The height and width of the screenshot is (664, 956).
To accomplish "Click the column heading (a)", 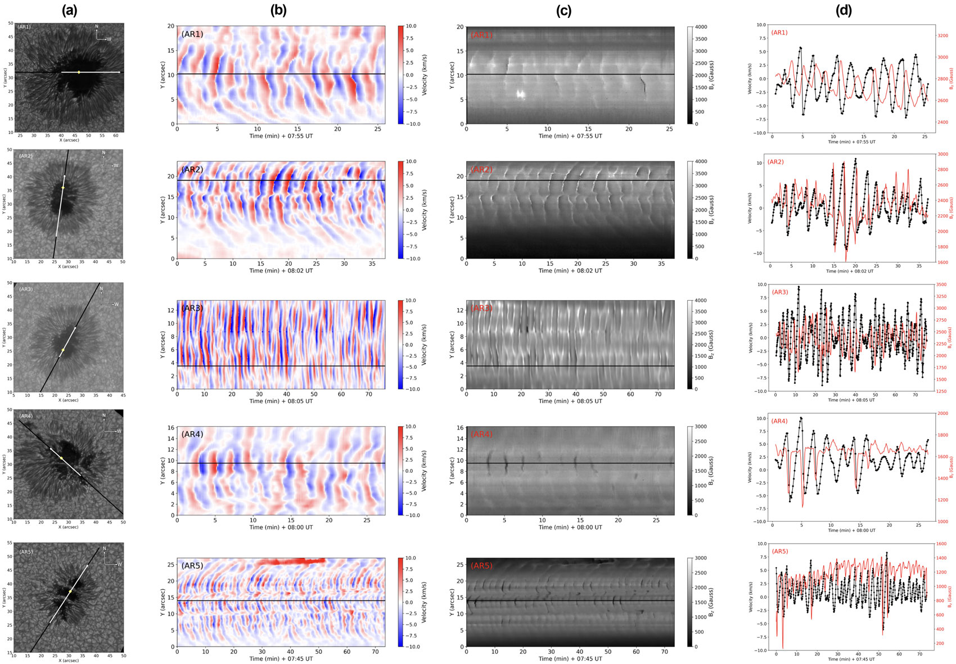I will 69,11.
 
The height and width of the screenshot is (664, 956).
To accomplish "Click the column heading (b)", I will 281,11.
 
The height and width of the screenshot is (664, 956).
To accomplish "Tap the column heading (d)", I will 844,11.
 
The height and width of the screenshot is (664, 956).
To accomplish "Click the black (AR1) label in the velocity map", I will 192,35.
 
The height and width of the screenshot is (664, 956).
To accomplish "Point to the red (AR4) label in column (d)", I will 779,421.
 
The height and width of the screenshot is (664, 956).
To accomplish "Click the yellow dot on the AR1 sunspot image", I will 79,72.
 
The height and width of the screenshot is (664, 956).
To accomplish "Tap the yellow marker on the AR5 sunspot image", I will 70,591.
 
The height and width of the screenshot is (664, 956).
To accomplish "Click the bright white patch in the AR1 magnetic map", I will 521,94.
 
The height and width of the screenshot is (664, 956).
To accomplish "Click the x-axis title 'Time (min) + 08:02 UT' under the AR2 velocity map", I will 281,270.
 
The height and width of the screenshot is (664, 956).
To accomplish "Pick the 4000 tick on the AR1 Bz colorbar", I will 701,27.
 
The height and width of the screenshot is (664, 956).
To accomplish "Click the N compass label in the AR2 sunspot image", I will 103,153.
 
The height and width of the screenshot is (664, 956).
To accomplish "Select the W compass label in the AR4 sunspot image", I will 119,431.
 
